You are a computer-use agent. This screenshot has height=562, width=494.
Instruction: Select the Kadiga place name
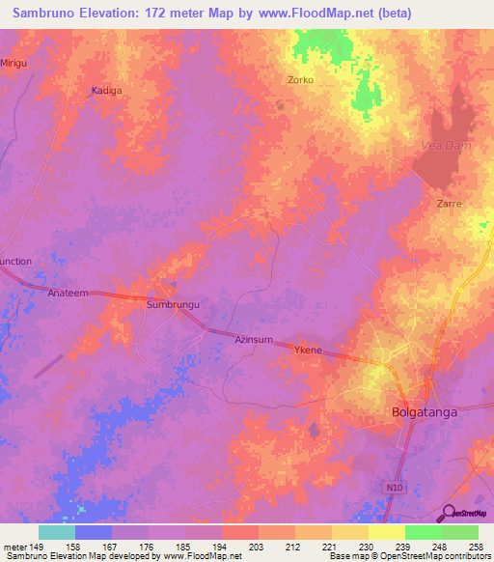(x=106, y=90)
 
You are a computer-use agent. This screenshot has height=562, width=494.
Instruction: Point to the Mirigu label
(x=14, y=62)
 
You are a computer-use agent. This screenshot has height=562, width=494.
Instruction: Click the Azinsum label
(x=255, y=340)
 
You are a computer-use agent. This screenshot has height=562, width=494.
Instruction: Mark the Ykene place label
(x=308, y=351)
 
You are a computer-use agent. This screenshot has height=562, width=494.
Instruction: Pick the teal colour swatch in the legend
(x=57, y=531)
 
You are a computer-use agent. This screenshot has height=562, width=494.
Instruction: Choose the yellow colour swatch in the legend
(x=386, y=531)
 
